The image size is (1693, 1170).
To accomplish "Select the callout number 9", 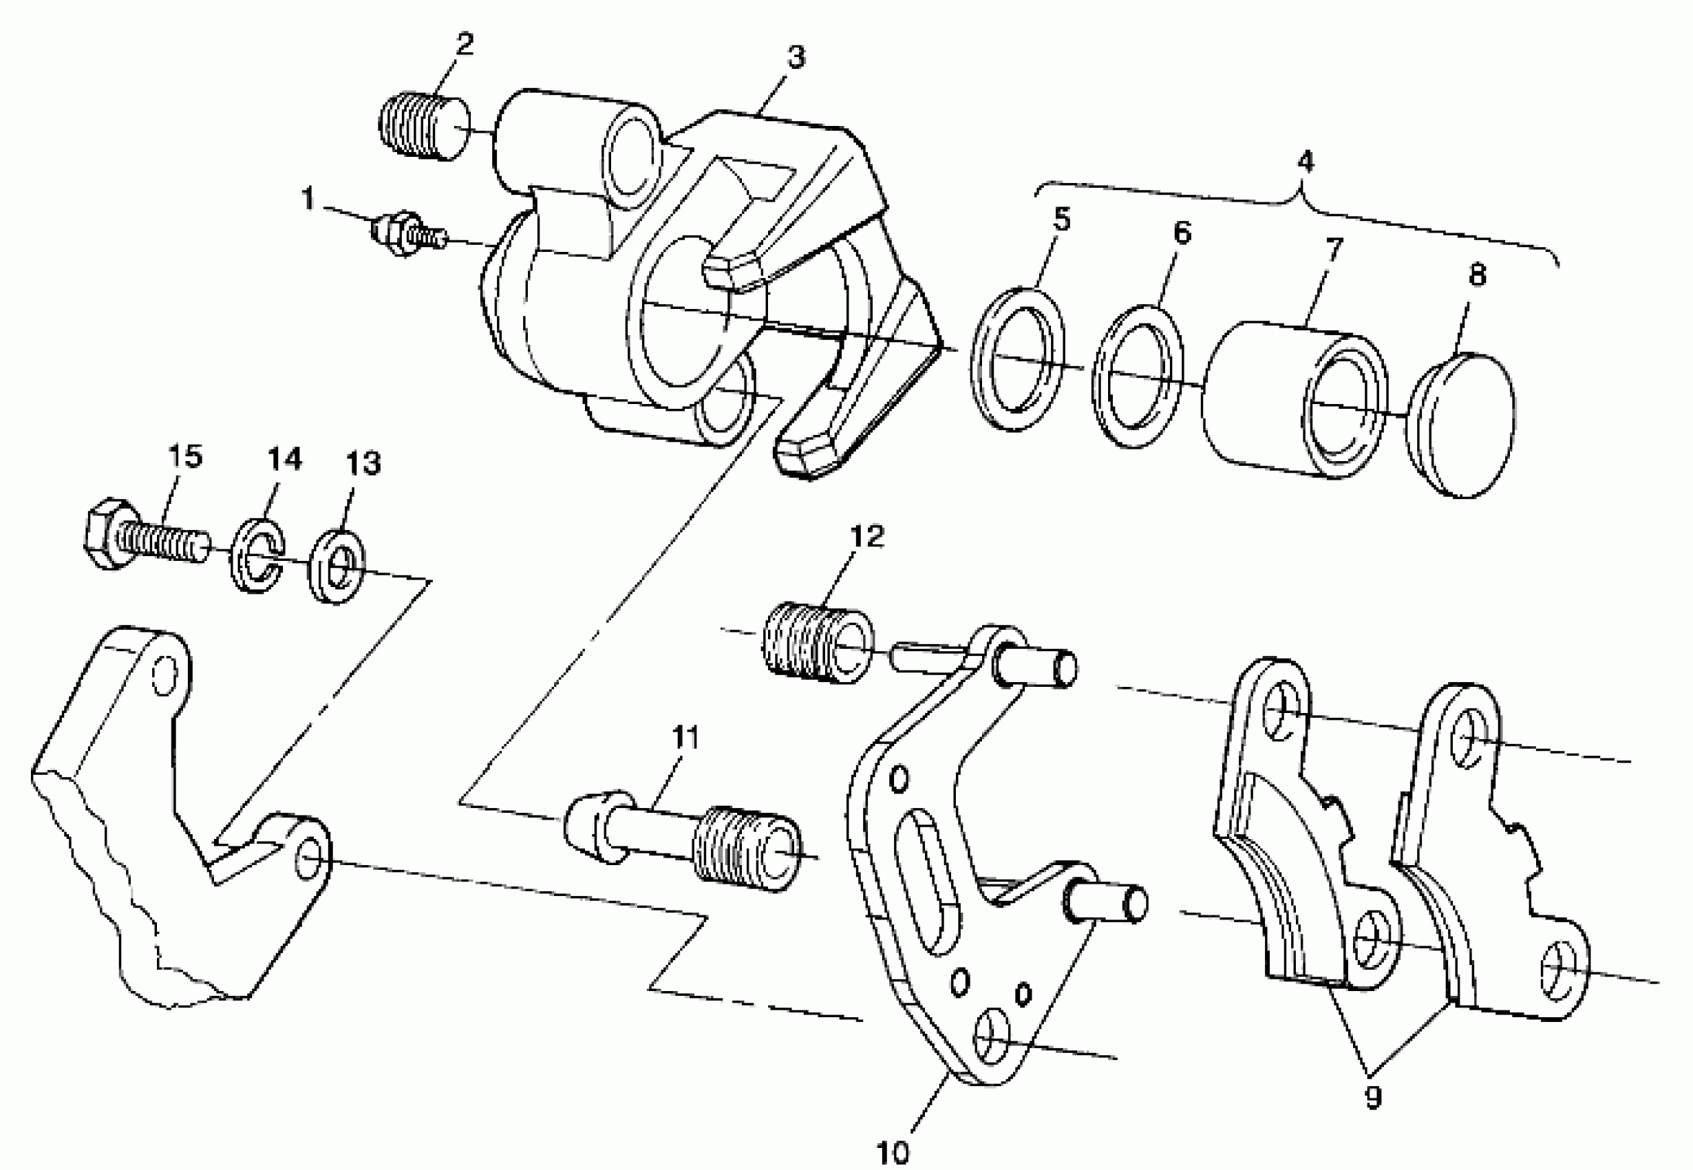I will coord(1373,1098).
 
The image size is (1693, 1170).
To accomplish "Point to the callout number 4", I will coord(1306,162).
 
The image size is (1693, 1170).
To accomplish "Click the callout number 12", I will coord(868,537).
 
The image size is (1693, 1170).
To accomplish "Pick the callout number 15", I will coord(184,457).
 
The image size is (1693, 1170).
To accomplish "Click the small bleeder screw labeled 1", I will coord(407,235).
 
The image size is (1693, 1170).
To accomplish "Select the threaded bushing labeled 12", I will coord(817,642).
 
